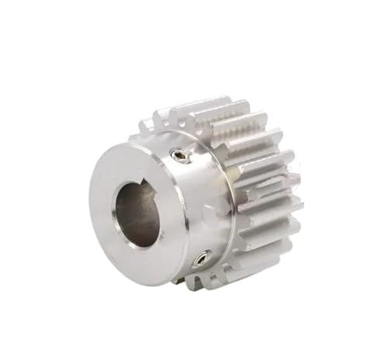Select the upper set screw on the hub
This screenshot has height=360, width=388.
click(x=180, y=156)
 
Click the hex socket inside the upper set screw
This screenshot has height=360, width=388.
click(x=180, y=156)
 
